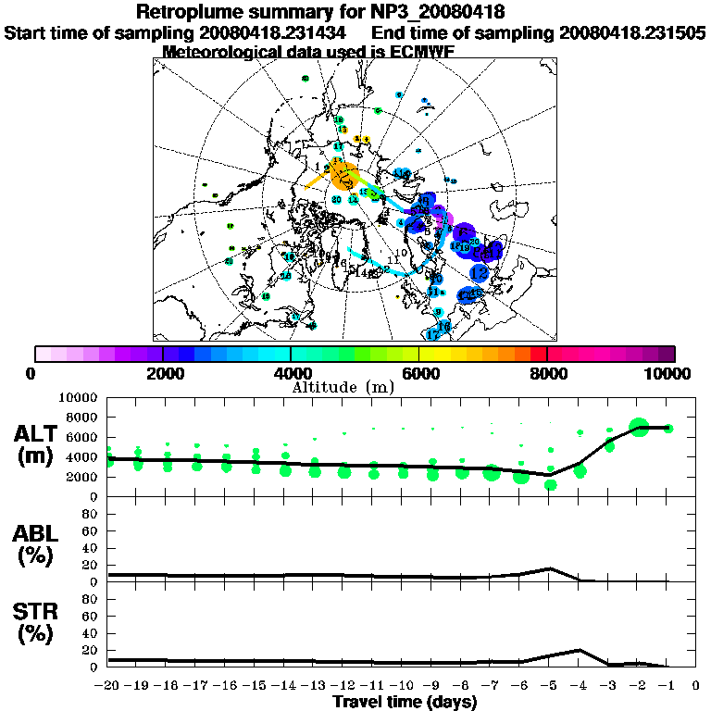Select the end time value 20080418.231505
633,32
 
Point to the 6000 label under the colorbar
418,373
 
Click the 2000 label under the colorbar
162,373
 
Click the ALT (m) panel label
40,443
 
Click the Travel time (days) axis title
405,702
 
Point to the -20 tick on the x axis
109,685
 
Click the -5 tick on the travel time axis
550,685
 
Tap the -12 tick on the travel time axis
343,685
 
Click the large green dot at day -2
639,427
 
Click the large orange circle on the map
343,174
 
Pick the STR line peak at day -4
580,650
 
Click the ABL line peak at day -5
551,568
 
